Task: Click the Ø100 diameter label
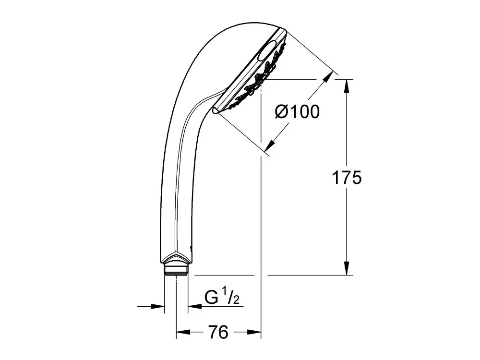tap(297, 111)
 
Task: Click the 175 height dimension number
tap(347, 178)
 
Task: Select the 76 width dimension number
tap(218, 332)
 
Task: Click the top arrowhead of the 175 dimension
tap(347, 86)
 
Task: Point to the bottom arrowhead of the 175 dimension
tap(347, 268)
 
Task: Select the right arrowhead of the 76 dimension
tap(254, 332)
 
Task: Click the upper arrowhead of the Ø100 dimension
tap(328, 77)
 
